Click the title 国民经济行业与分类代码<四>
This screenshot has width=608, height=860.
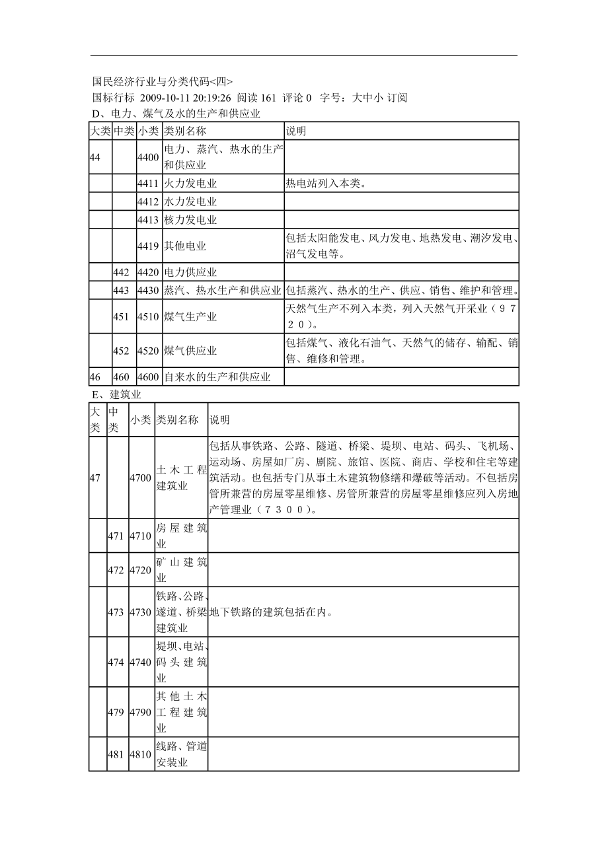click(163, 82)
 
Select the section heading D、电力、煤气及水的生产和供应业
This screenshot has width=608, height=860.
click(176, 114)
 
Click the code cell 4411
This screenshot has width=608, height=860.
click(148, 184)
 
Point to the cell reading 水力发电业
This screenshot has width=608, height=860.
click(190, 201)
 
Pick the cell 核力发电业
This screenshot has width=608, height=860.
click(190, 219)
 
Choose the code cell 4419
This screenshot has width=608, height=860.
click(148, 246)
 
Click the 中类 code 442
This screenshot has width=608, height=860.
click(121, 272)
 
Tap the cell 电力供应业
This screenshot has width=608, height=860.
click(190, 272)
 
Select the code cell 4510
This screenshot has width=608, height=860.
click(148, 316)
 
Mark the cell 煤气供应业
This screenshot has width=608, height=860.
click(190, 351)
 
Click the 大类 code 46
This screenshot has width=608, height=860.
click(95, 377)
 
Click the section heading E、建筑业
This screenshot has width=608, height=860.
click(116, 394)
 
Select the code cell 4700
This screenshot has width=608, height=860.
click(141, 478)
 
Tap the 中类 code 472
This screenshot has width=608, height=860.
click(116, 570)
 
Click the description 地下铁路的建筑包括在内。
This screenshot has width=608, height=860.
click(270, 612)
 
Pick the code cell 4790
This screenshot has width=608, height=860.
click(141, 712)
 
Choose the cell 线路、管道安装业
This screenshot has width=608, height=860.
click(181, 754)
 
